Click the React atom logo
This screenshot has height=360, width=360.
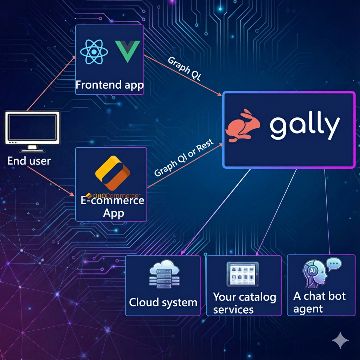94,52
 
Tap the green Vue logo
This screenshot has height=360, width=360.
127,51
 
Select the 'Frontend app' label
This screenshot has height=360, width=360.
110,85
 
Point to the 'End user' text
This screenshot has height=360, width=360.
29,161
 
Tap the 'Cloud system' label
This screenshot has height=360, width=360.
163,302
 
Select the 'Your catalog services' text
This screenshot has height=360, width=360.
244,303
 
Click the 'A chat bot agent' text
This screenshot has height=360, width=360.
319,302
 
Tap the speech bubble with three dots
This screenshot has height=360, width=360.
334,264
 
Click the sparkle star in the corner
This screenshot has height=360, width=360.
340,340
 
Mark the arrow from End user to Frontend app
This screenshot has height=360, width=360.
51,82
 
